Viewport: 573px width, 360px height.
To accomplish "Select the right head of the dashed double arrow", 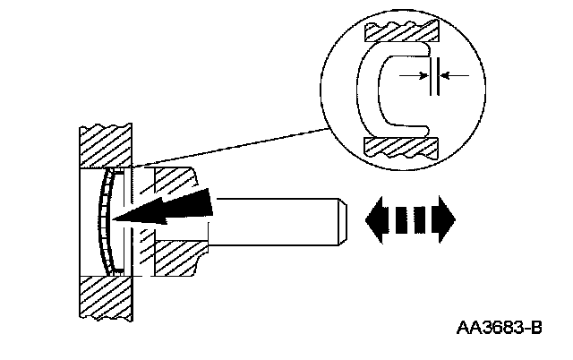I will pyautogui.click(x=445, y=217).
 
